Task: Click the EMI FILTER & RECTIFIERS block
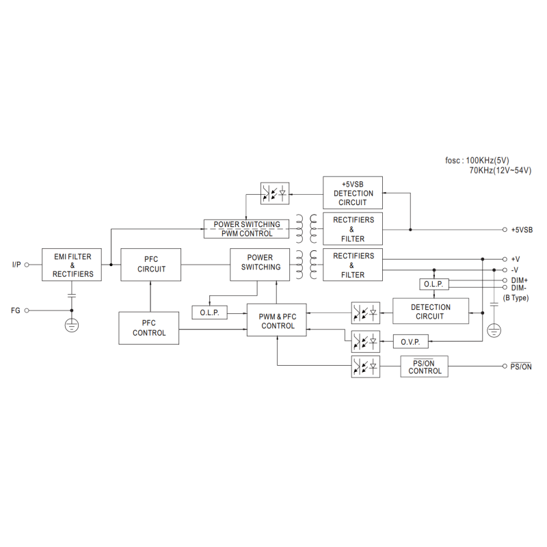pyautogui.click(x=72, y=265)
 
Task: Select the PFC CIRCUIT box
pyautogui.click(x=151, y=265)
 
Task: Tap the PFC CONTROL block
pyautogui.click(x=149, y=328)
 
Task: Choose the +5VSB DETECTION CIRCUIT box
pyautogui.click(x=353, y=193)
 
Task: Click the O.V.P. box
pyautogui.click(x=410, y=341)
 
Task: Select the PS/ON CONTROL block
pyautogui.click(x=425, y=366)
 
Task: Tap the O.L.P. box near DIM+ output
pyautogui.click(x=433, y=284)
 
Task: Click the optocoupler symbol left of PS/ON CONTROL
pyautogui.click(x=364, y=366)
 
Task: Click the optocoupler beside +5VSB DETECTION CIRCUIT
pyautogui.click(x=275, y=194)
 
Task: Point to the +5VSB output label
pyautogui.click(x=521, y=230)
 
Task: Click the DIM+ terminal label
pyautogui.click(x=520, y=280)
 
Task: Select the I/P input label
pyautogui.click(x=17, y=265)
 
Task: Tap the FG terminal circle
pyautogui.click(x=27, y=310)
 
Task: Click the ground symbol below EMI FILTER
pyautogui.click(x=71, y=325)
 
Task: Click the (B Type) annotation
pyautogui.click(x=516, y=298)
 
